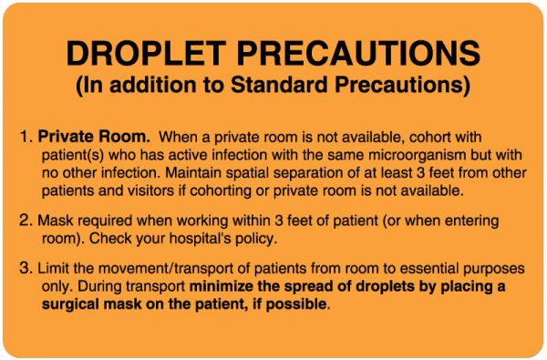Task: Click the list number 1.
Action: point(25,138)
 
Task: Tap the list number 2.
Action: point(25,221)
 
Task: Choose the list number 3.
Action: point(25,270)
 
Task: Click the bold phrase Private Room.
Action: point(94,138)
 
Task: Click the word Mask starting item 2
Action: point(54,221)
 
